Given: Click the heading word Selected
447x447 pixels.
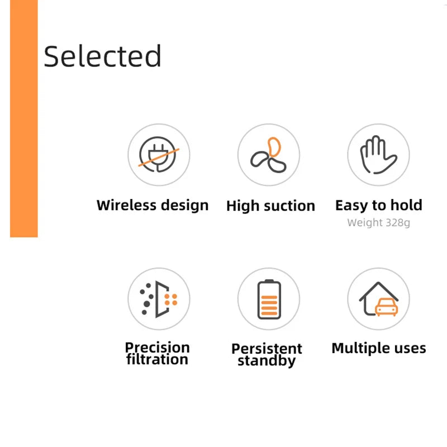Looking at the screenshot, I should click(103, 56).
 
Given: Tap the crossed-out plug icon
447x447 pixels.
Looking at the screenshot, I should click(159, 155).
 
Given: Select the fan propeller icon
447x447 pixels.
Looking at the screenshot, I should click(269, 155).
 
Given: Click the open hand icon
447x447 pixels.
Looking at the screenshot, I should click(378, 155).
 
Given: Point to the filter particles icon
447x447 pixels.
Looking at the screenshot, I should click(159, 299).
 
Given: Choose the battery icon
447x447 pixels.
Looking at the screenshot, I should click(269, 299).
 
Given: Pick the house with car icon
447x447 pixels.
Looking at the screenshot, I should click(378, 299).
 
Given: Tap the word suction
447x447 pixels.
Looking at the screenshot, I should click(291, 206).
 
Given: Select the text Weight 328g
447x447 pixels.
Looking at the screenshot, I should click(378, 223).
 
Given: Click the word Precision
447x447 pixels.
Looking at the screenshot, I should click(158, 348).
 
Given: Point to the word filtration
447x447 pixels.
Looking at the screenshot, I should click(158, 359).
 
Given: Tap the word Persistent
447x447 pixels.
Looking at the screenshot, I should click(267, 349).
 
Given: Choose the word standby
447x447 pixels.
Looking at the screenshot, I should click(267, 361).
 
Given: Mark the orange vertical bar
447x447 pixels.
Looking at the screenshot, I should click(23, 118).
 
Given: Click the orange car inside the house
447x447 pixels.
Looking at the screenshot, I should click(385, 307).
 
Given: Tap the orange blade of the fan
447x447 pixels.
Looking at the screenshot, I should click(274, 146).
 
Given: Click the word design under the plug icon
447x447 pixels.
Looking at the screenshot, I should click(185, 205).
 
